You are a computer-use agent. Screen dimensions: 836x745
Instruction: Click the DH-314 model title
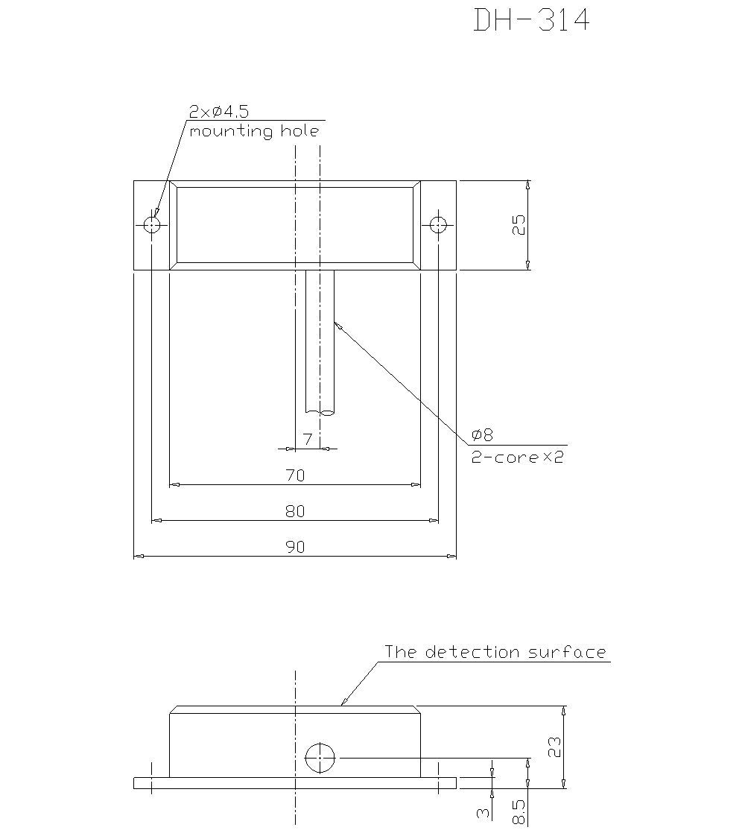[532, 20]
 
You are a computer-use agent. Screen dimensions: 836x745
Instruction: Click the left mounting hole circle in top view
[153, 224]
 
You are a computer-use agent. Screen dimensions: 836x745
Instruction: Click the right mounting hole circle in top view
[438, 224]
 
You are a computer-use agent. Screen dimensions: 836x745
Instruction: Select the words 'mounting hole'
[254, 132]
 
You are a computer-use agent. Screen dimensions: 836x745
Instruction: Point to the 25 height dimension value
[519, 225]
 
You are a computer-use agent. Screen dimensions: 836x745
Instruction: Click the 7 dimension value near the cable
[306, 439]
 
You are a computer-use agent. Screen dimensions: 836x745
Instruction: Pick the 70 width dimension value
[295, 475]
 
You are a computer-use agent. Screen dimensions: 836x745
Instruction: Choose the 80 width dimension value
[295, 511]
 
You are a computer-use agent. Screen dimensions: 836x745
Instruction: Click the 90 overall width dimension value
[295, 547]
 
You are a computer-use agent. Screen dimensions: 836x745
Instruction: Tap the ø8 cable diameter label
[483, 435]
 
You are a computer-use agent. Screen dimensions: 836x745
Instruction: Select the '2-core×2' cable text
[517, 457]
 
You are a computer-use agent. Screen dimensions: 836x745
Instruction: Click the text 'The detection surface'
[495, 652]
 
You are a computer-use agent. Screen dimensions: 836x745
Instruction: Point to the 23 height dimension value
[554, 747]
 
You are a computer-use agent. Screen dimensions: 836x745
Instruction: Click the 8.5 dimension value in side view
[519, 812]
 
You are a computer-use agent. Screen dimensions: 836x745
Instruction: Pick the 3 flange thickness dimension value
[484, 814]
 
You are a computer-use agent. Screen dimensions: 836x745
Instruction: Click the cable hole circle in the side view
[320, 758]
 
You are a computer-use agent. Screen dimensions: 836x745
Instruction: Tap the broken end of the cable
[320, 413]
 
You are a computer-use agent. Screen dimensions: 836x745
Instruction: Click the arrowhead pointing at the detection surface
[343, 702]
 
